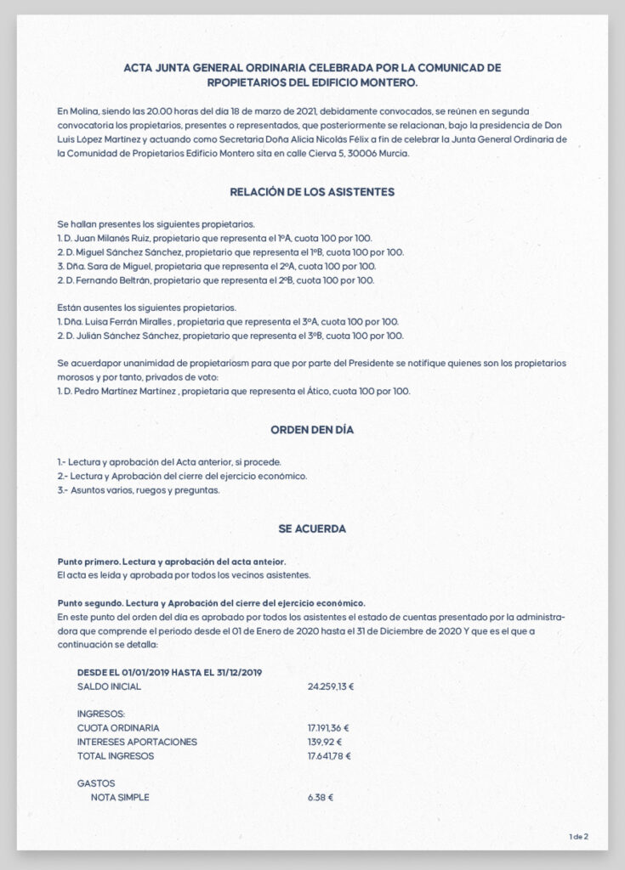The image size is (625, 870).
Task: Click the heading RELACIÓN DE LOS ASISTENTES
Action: (312, 192)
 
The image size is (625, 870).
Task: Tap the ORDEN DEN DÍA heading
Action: (312, 430)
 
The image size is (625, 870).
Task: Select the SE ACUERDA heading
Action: (312, 528)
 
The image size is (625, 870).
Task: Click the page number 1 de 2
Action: (578, 837)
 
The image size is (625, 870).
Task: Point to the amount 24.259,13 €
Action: (331, 686)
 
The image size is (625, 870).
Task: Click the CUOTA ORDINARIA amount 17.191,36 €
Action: (329, 728)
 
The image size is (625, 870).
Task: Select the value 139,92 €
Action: (325, 742)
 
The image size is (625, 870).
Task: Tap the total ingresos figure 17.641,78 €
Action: (329, 755)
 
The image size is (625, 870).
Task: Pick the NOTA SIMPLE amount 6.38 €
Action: (321, 798)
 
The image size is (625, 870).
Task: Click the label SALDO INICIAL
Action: (109, 686)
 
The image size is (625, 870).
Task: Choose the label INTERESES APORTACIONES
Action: (137, 742)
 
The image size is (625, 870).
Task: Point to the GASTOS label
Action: (96, 783)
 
